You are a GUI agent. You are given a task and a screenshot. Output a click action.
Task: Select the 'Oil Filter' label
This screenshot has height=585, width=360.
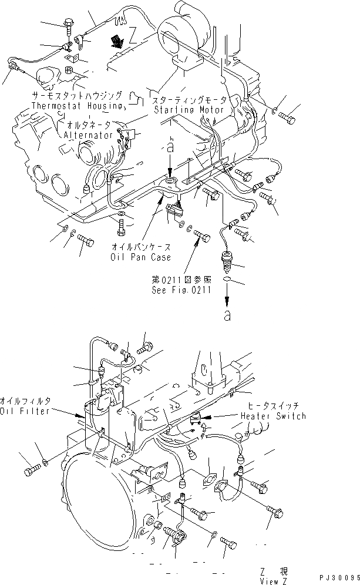pos(25,410)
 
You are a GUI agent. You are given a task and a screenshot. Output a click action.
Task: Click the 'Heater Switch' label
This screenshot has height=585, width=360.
pos(273,416)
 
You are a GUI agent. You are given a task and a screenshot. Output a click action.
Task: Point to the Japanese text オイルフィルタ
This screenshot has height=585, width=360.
pos(25,401)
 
